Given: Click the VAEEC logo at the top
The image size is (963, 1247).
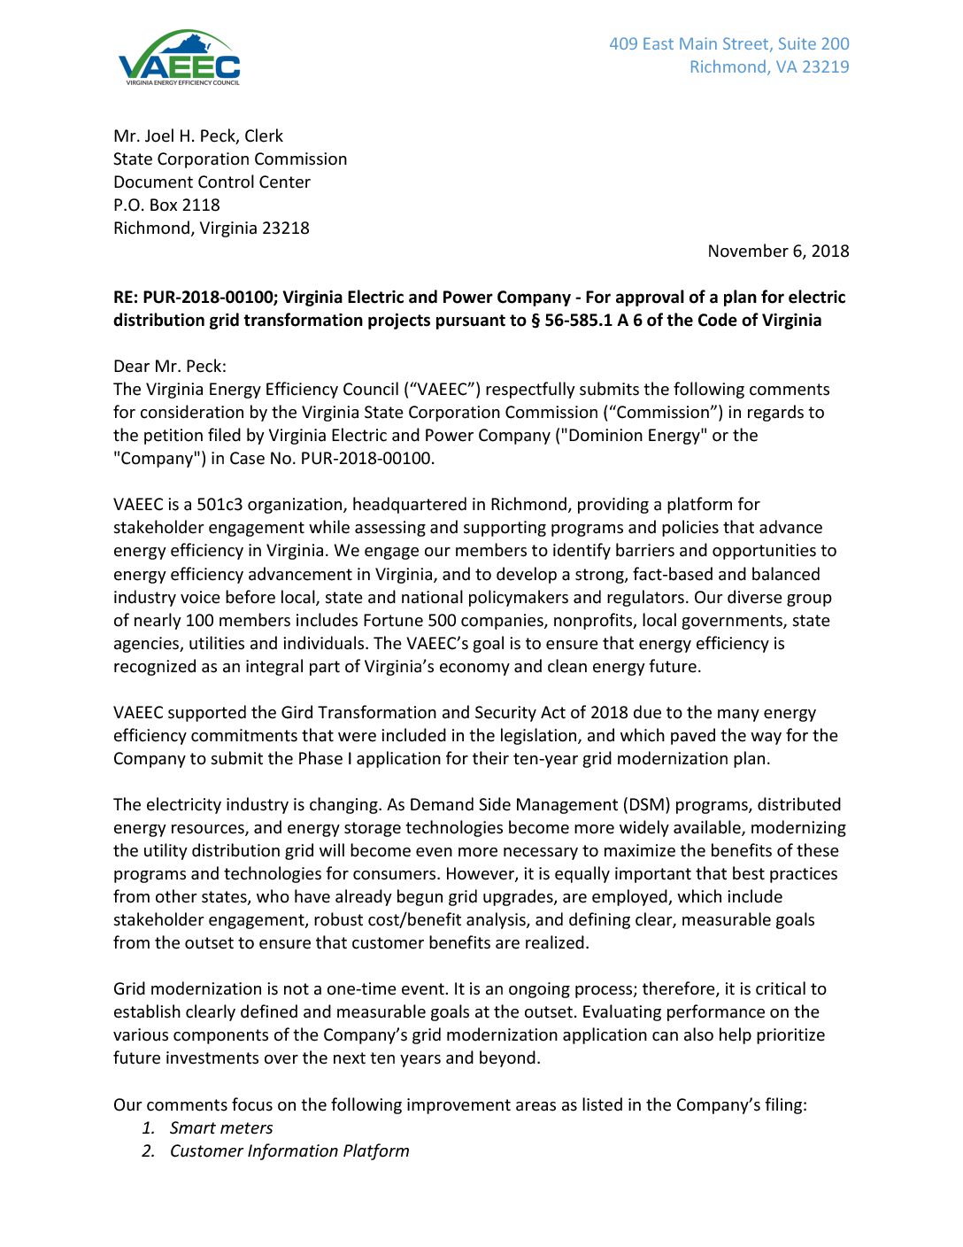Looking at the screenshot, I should tap(179, 58).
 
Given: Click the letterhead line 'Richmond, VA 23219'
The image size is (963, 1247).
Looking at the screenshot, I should tap(769, 67).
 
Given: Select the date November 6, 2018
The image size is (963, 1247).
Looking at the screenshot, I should tap(778, 252).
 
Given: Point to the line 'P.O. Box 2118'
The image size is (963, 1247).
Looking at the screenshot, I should tap(166, 205).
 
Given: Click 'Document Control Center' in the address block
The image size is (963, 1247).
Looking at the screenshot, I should tap(212, 182).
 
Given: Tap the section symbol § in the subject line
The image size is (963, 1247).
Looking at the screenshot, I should tap(535, 321).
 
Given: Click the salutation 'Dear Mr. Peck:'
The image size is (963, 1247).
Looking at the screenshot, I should tap(169, 367).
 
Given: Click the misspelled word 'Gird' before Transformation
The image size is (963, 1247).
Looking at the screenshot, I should tap(297, 713).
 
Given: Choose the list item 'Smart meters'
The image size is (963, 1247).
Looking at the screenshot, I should tap(221, 1128).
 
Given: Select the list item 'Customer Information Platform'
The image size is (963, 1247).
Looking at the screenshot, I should tap(289, 1151).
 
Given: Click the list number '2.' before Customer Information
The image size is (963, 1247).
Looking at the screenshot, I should tap(149, 1151).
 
